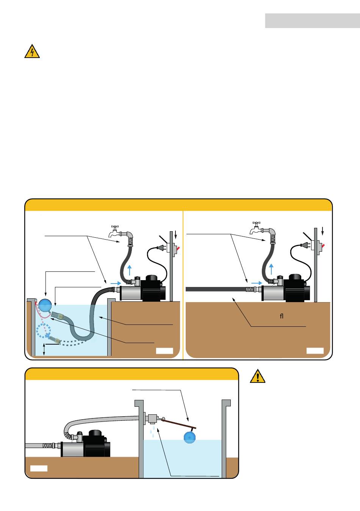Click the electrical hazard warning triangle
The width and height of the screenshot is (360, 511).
32,52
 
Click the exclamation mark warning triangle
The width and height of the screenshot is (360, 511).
258,376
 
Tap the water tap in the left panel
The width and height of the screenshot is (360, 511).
114,231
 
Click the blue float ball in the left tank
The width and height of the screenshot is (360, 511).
45,305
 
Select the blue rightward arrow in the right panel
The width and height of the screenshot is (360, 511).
256,283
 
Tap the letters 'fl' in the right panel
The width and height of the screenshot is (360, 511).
282,316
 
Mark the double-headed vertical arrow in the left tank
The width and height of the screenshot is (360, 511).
44,349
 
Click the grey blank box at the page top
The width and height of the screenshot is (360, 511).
312,21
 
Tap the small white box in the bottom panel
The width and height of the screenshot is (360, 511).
39,468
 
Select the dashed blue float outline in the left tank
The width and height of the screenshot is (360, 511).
43,331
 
